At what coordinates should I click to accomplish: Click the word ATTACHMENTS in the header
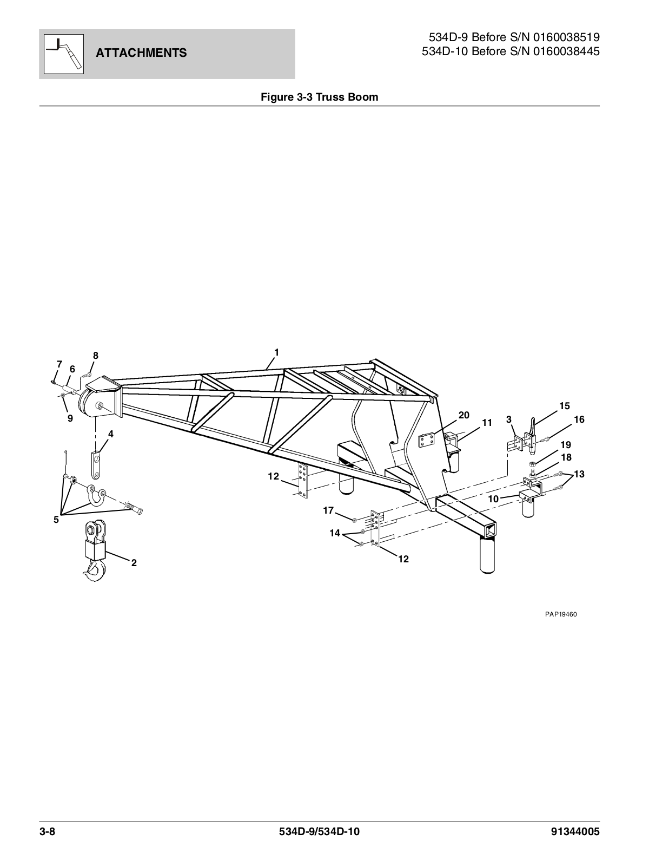(141, 53)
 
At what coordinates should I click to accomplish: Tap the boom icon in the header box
(63, 53)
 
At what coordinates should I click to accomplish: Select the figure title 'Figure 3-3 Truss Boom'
(319, 97)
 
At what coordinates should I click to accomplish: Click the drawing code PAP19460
(561, 614)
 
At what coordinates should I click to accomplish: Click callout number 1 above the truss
(276, 352)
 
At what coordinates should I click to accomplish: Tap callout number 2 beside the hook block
(134, 563)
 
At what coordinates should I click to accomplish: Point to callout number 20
(463, 415)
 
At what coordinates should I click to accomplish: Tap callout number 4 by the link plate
(110, 434)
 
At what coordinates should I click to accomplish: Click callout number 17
(328, 510)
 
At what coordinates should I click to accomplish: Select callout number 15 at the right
(565, 406)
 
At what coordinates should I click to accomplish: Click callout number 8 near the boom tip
(96, 356)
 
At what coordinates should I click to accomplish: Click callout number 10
(493, 499)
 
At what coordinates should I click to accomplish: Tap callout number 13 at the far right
(579, 474)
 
